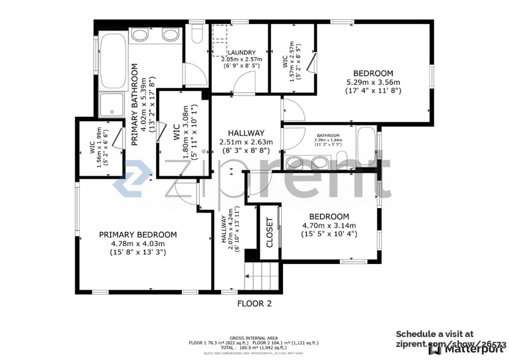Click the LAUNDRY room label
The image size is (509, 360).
coord(238,53)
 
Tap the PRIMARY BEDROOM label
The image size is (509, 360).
coord(138,234)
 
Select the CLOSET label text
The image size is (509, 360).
coord(268,233)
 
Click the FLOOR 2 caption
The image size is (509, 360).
coord(254,303)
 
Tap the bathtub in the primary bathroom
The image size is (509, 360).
coord(113,61)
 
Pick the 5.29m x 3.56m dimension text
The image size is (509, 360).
coord(372,83)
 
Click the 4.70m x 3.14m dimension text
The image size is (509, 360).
coord(329,225)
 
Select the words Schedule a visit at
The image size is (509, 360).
coord(434,334)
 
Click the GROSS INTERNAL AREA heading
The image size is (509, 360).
coord(254,338)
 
